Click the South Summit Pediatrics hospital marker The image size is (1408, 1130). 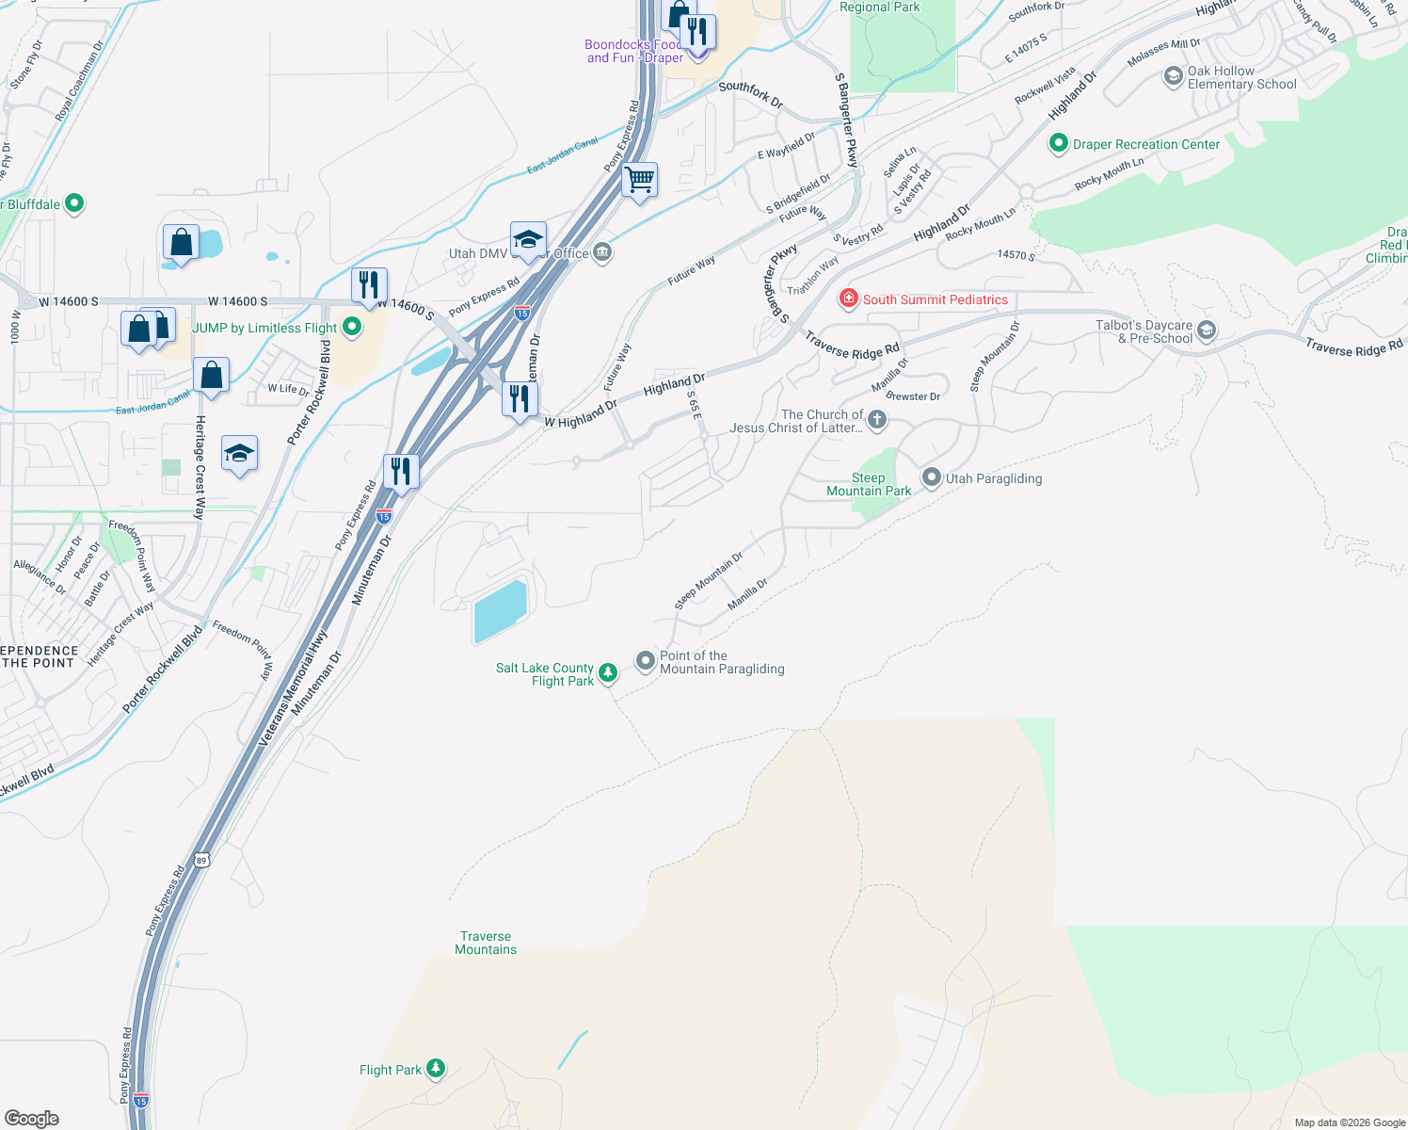[x=849, y=299]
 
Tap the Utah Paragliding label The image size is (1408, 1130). [x=994, y=478]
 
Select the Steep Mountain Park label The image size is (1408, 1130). [x=868, y=485]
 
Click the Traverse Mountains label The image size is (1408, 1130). [x=486, y=943]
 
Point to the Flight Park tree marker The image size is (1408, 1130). [x=435, y=1068]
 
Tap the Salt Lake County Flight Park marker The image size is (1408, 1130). [x=608, y=671]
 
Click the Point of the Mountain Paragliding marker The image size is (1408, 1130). [x=646, y=661]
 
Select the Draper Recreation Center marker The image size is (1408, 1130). [x=1059, y=144]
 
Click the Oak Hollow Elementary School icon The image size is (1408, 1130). [x=1173, y=76]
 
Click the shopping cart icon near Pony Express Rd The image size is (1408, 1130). [x=640, y=179]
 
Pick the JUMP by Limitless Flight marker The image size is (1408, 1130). [x=352, y=327]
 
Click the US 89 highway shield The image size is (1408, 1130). [x=201, y=860]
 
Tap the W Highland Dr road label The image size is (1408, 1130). [x=581, y=414]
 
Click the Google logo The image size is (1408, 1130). [x=32, y=1119]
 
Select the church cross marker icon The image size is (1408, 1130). [x=877, y=420]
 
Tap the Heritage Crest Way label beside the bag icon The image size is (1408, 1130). [x=200, y=467]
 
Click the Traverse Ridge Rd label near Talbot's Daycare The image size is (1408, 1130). [x=1353, y=347]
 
